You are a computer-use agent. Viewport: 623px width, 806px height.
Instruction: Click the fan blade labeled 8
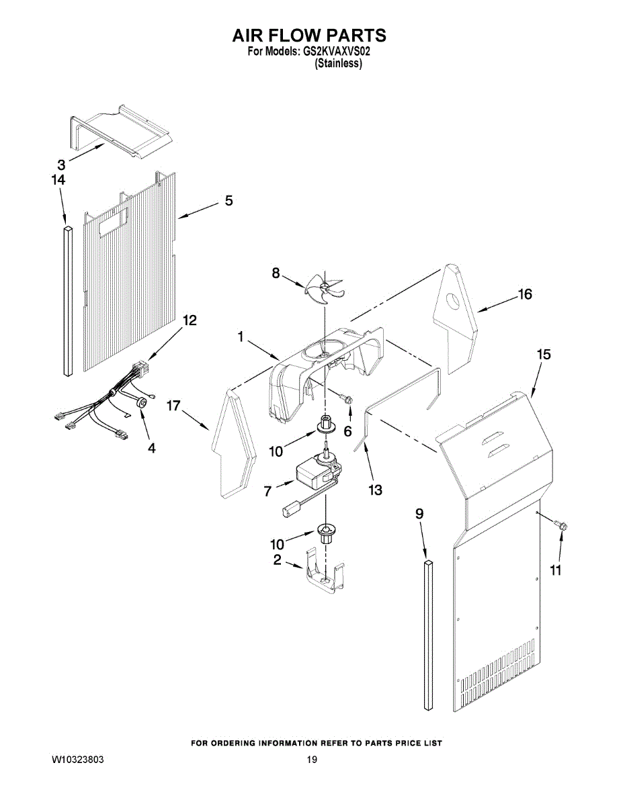click(325, 289)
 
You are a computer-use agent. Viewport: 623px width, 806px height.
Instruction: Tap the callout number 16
click(525, 294)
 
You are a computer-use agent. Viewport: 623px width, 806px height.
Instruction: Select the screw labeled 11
click(561, 525)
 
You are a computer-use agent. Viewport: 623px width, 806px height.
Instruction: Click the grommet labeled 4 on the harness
click(141, 403)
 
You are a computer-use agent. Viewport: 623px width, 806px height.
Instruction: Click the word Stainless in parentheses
click(338, 64)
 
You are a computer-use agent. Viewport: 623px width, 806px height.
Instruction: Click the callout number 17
click(173, 406)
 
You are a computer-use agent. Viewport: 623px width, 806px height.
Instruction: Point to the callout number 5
click(229, 201)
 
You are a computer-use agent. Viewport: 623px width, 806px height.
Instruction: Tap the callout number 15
click(544, 355)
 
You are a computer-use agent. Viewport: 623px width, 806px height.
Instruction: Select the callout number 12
click(190, 320)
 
